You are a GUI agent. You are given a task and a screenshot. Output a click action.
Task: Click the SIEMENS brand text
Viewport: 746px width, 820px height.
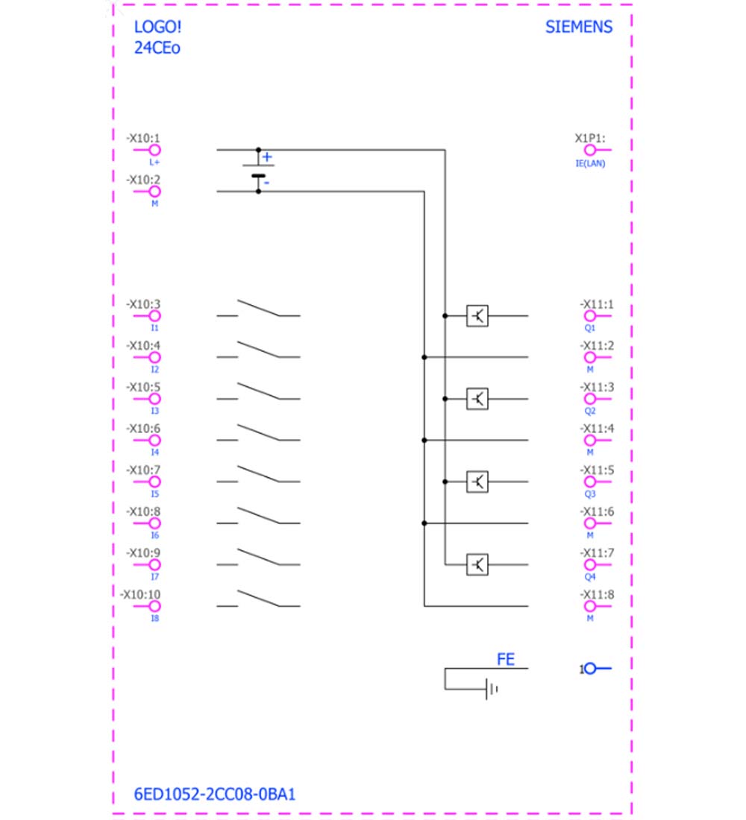click(x=578, y=27)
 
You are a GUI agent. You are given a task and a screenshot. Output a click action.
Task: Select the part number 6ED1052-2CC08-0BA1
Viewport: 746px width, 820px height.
click(x=215, y=794)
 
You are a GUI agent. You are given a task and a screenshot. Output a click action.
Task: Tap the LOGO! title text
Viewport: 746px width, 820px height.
click(x=157, y=27)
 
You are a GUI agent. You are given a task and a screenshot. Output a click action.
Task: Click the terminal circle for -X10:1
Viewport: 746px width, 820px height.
click(x=154, y=150)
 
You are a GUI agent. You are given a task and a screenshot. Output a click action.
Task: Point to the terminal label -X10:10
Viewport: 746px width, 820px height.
click(x=140, y=595)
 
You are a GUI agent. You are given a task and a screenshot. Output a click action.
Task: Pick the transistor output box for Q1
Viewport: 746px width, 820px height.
click(x=477, y=316)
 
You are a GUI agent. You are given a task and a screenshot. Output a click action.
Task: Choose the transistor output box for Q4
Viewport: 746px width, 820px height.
click(x=477, y=565)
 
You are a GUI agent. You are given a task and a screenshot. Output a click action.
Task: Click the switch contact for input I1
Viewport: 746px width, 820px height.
click(x=258, y=309)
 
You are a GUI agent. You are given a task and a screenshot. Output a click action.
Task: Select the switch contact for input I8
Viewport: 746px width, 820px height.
click(x=258, y=599)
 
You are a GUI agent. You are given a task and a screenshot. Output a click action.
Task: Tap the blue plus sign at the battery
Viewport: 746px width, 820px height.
click(x=267, y=157)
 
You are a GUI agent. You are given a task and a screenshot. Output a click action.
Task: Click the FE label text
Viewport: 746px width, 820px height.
click(x=506, y=660)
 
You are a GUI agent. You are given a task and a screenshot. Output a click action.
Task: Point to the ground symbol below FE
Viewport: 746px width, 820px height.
click(x=492, y=690)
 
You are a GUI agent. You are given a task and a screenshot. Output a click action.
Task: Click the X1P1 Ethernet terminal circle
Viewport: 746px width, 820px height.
click(x=590, y=150)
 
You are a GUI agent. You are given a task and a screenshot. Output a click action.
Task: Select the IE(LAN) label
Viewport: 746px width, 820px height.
click(x=590, y=164)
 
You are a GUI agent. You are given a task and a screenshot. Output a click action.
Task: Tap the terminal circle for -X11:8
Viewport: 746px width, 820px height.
click(x=590, y=606)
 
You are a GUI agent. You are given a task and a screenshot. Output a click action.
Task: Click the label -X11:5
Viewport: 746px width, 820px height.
click(x=597, y=470)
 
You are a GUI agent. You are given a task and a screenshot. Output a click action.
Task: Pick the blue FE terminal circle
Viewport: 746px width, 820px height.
click(x=590, y=669)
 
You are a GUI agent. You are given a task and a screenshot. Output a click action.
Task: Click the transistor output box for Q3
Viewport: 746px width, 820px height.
click(x=477, y=482)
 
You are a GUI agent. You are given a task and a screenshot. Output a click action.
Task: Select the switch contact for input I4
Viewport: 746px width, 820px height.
click(x=258, y=433)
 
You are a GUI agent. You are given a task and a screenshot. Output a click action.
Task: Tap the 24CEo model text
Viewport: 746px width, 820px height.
click(x=157, y=48)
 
